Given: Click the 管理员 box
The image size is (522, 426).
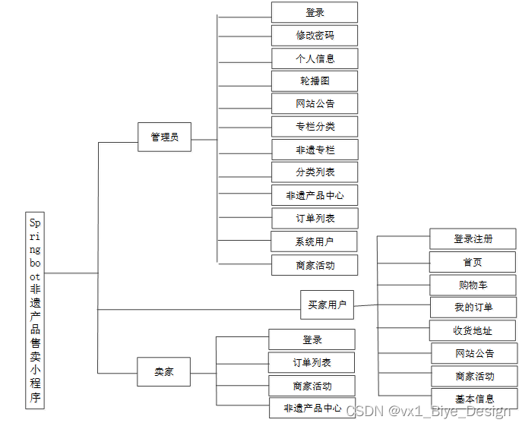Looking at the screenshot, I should pyautogui.click(x=164, y=137).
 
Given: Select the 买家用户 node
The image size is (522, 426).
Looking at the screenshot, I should pyautogui.click(x=327, y=305).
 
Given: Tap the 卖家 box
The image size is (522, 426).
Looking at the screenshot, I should pyautogui.click(x=163, y=371).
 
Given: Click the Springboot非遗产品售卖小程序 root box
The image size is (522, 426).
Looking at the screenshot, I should pyautogui.click(x=35, y=310).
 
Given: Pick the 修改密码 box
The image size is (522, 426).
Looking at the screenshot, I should pyautogui.click(x=315, y=35).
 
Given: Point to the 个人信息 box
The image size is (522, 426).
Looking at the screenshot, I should pyautogui.click(x=315, y=58).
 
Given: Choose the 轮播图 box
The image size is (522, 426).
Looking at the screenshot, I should pyautogui.click(x=315, y=80).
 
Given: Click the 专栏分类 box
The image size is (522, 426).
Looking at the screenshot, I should pyautogui.click(x=315, y=126).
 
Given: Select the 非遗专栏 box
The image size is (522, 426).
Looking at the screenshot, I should pyautogui.click(x=315, y=150).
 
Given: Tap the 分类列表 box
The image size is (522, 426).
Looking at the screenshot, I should pyautogui.click(x=315, y=172).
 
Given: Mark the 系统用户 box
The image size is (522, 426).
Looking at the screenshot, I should pyautogui.click(x=315, y=242).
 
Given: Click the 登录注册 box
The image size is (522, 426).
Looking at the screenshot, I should pyautogui.click(x=473, y=238).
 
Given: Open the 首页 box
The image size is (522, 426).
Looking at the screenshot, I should pyautogui.click(x=473, y=262).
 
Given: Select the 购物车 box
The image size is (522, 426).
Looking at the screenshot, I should pyautogui.click(x=473, y=286).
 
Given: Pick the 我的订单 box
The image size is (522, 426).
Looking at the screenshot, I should pyautogui.click(x=473, y=308).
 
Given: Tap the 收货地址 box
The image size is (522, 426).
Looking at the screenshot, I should pyautogui.click(x=473, y=330).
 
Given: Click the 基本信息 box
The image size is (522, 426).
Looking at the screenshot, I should pyautogui.click(x=474, y=399).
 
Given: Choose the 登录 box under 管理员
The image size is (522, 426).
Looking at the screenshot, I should pyautogui.click(x=315, y=12).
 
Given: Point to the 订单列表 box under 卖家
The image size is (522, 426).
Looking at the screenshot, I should pyautogui.click(x=312, y=362).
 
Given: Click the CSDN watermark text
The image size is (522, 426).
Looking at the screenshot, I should pyautogui.click(x=429, y=411).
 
